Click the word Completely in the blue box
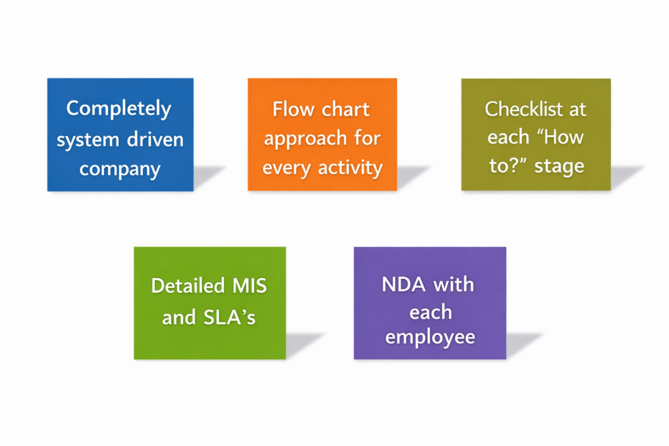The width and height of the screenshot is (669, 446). coord(119,108)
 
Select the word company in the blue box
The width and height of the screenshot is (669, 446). coord(120,170)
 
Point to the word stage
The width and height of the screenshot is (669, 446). coord(559,166)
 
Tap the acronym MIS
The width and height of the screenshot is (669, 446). coord(249,286)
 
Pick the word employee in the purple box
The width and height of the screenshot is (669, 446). coord(430,338)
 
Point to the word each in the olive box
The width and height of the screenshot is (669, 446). coord(508,138)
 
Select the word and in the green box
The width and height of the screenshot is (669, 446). coord(178,317)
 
